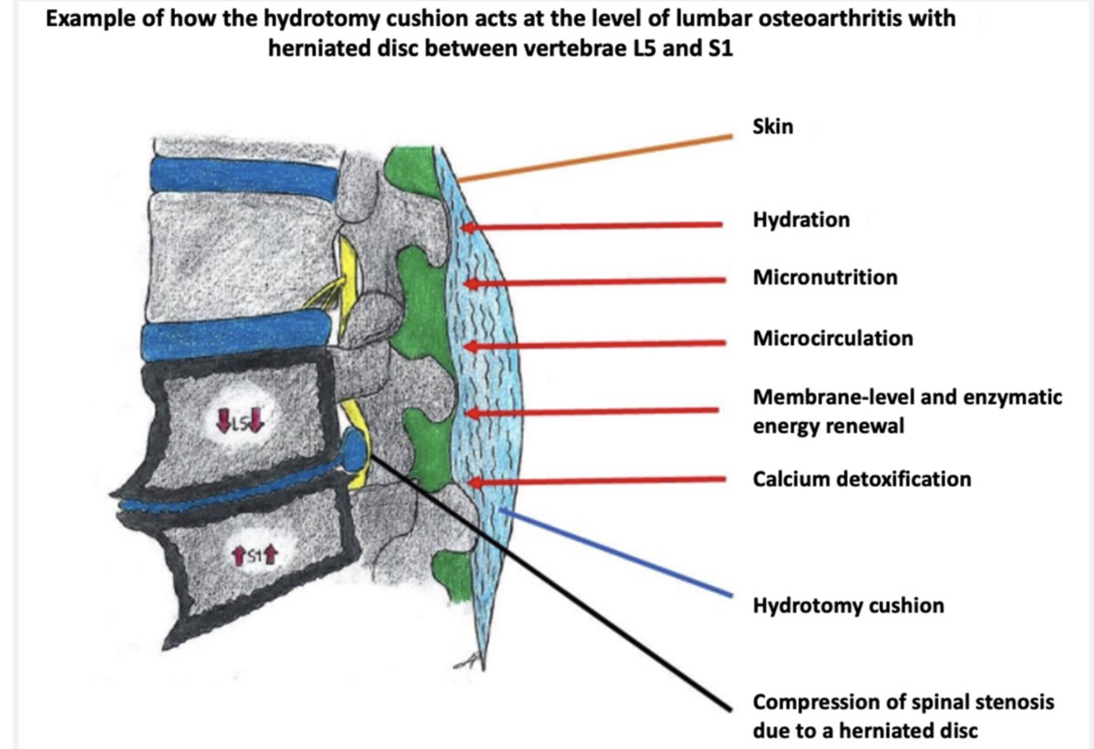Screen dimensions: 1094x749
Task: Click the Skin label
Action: click(773, 127)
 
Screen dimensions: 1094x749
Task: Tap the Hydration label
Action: click(801, 220)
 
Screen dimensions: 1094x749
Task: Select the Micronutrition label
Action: click(825, 277)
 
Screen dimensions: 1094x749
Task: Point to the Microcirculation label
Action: click(832, 338)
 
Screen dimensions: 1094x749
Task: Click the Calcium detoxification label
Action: click(862, 479)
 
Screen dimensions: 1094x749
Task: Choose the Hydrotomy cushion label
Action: click(849, 605)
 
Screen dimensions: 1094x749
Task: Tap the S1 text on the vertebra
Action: click(254, 555)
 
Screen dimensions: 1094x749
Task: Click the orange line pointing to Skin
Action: click(595, 159)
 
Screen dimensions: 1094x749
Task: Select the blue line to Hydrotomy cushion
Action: click(616, 552)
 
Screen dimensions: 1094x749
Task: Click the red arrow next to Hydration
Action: click(592, 226)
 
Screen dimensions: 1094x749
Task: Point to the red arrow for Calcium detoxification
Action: click(596, 481)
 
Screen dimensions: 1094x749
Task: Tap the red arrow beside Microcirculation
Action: click(594, 344)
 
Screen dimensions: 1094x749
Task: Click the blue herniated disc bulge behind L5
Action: click(354, 450)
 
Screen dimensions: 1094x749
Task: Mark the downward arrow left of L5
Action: click(223, 421)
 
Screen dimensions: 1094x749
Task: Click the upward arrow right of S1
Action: click(271, 555)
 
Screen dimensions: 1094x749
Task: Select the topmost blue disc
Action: click(243, 177)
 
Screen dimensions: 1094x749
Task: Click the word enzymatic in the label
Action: click(1013, 397)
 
